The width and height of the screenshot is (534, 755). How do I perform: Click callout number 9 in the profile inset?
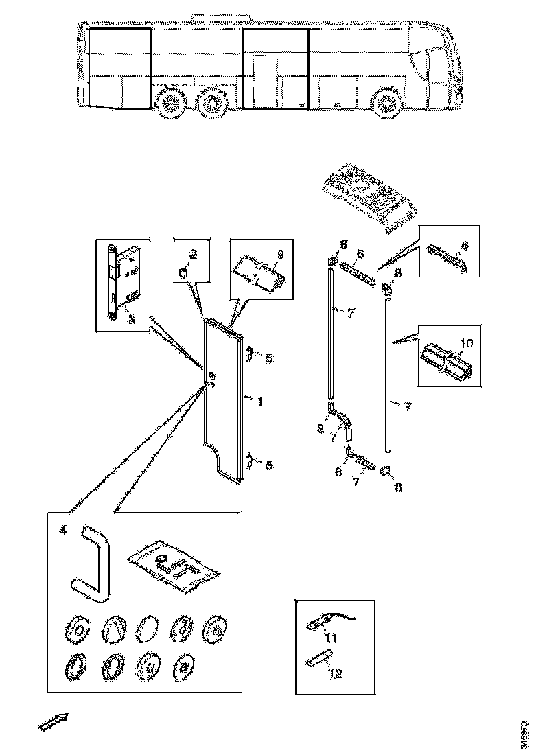[x=279, y=257]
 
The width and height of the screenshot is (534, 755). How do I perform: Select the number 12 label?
[x=336, y=673]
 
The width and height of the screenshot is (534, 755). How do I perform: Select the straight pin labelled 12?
[x=316, y=661]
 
